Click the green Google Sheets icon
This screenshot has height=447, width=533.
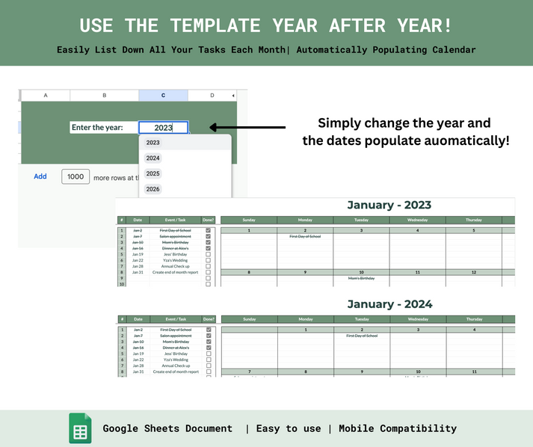(80, 428)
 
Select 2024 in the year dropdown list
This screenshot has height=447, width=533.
(153, 158)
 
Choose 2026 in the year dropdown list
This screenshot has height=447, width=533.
(153, 190)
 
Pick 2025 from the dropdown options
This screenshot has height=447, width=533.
(153, 174)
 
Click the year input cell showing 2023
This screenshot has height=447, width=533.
(163, 128)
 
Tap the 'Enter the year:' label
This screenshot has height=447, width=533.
(97, 128)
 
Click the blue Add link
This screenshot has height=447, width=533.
(40, 176)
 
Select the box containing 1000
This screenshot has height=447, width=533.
(76, 176)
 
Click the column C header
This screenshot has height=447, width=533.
(163, 96)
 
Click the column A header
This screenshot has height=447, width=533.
(46, 96)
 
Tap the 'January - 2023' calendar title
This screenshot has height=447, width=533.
(389, 205)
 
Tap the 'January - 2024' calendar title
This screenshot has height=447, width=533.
(389, 304)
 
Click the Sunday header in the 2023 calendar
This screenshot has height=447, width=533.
(249, 221)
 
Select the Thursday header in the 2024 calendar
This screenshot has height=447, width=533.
(474, 319)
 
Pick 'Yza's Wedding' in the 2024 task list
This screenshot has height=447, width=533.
(175, 360)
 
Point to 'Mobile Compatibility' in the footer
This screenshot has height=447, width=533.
(397, 428)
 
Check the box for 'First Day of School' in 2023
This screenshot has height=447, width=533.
(208, 231)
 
